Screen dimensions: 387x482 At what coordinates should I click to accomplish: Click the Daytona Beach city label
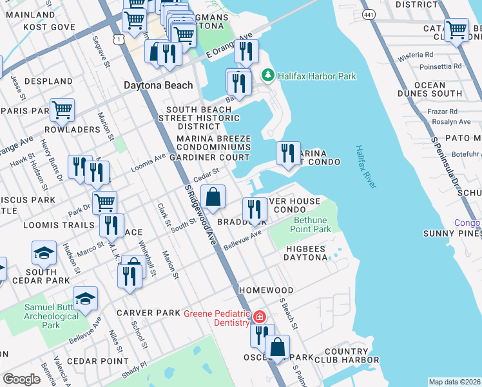(158, 85)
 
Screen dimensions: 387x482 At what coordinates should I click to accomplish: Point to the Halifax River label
(365, 166)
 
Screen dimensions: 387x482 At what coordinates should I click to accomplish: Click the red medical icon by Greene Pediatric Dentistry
(259, 317)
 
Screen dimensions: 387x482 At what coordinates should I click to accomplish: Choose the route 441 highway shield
(369, 15)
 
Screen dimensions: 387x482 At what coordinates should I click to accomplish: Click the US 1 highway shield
(118, 40)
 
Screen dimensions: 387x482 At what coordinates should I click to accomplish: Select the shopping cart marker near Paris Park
(63, 110)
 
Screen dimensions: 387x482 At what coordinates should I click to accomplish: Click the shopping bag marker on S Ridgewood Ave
(213, 197)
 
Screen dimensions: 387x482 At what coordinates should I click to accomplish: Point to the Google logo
(21, 379)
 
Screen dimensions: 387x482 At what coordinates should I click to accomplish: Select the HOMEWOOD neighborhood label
(266, 290)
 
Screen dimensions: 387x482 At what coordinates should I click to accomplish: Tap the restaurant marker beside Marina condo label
(288, 152)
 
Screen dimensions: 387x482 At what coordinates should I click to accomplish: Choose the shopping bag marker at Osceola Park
(277, 346)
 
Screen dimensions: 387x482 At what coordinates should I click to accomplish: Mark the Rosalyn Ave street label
(451, 121)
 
